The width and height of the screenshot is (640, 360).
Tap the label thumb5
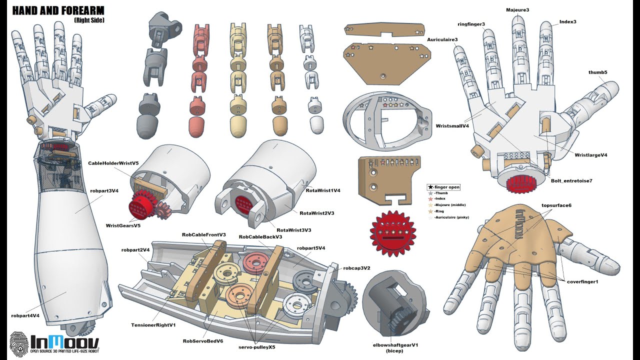(597, 72)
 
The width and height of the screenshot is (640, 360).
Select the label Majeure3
(517, 10)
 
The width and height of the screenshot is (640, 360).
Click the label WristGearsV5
(123, 225)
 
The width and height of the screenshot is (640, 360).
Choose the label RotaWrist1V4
(323, 190)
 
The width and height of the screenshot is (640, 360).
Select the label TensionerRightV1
(153, 325)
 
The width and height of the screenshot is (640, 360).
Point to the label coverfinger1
(582, 282)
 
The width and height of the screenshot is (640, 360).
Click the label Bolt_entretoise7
(571, 180)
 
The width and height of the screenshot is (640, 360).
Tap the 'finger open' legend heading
(443, 187)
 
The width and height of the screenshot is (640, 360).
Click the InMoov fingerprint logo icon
(18, 344)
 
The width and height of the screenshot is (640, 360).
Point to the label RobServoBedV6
(203, 341)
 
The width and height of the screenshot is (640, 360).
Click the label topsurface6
(556, 205)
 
